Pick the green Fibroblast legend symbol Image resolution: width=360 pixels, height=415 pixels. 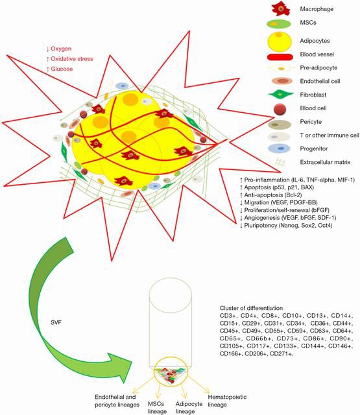(281, 95)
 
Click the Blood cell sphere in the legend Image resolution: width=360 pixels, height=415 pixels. (280, 109)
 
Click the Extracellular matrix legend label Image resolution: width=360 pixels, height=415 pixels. (325, 162)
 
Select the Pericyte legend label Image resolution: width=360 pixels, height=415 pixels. (311, 122)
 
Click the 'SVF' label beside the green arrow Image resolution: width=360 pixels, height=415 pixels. (56, 322)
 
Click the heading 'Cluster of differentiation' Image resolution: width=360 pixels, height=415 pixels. (251, 308)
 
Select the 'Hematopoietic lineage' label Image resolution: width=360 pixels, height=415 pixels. (227, 401)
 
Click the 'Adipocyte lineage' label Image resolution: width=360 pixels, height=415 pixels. (189, 408)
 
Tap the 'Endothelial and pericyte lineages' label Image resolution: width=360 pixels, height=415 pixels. (117, 401)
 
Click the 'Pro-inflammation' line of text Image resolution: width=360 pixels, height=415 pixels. (297, 180)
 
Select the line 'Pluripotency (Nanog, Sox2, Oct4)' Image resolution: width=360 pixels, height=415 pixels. (286, 226)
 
